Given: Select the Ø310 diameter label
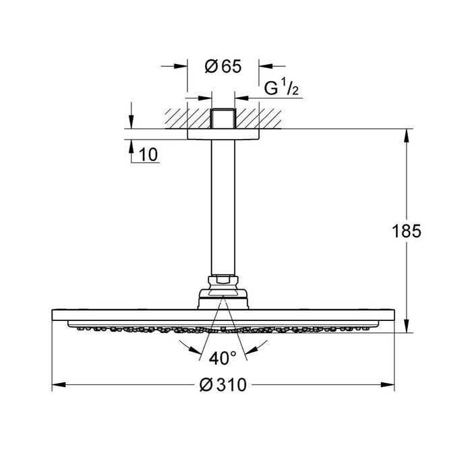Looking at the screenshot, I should click(223, 385).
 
